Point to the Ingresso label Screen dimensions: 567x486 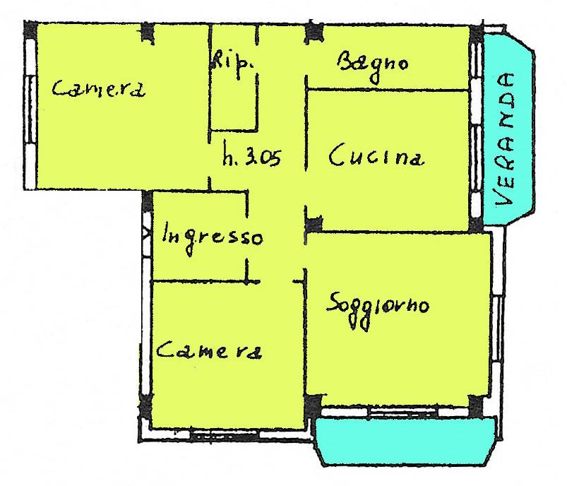click(213, 237)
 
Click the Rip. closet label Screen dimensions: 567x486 click(232, 64)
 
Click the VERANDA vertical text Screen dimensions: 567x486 click(505, 140)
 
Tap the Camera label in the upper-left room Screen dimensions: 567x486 click(98, 89)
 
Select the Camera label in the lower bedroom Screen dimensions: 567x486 click(209, 350)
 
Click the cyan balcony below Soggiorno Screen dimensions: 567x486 click(406, 441)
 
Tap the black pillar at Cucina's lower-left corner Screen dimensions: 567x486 click(313, 225)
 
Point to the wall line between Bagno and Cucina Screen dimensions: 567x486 click(387, 90)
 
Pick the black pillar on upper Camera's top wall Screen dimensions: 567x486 click(147, 32)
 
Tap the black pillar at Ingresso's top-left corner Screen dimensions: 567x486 click(147, 201)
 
